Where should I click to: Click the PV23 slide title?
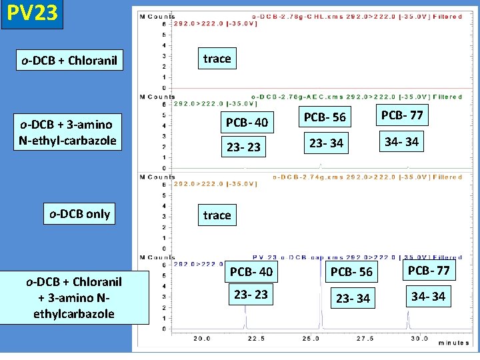coord(32,14)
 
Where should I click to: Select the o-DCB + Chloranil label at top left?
coord(69,61)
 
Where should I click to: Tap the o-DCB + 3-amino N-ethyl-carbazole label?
coord(69,131)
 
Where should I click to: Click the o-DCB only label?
coord(79,214)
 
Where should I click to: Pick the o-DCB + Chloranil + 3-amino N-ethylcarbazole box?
coord(75,297)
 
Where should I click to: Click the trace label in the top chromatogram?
coord(217,59)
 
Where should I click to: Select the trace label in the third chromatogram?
coord(217,215)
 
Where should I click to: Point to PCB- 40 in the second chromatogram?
coord(247,122)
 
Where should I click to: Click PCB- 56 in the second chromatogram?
coord(325,117)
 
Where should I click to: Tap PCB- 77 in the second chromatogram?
coord(402,115)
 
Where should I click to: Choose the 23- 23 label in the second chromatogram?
coord(243,147)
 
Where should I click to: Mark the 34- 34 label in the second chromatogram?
coord(402,141)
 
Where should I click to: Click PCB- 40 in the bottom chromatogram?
coord(251,272)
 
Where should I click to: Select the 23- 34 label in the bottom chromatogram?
coord(353,298)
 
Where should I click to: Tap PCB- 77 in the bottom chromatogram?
coord(429,271)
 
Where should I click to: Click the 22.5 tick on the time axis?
coord(256,339)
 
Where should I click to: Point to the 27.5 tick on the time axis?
coord(365,339)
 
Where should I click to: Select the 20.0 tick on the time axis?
coord(202,339)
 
